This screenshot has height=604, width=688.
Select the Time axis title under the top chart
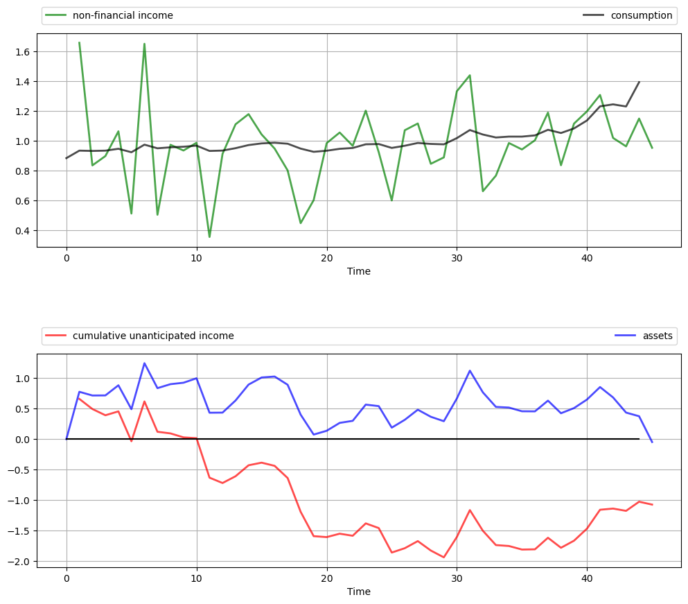pyautogui.click(x=359, y=271)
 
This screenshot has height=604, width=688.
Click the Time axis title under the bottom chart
pyautogui.click(x=359, y=592)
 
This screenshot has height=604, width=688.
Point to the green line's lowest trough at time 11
pyautogui.click(x=209, y=237)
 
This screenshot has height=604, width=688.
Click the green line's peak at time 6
pyautogui.click(x=144, y=44)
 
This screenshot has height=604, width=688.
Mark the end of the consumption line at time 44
pyautogui.click(x=639, y=82)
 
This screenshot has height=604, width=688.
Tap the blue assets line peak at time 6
pyautogui.click(x=144, y=363)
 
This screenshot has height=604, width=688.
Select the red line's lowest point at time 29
pyautogui.click(x=443, y=558)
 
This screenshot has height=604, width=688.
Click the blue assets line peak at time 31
pyautogui.click(x=470, y=370)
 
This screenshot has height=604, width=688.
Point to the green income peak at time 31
pyautogui.click(x=470, y=75)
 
